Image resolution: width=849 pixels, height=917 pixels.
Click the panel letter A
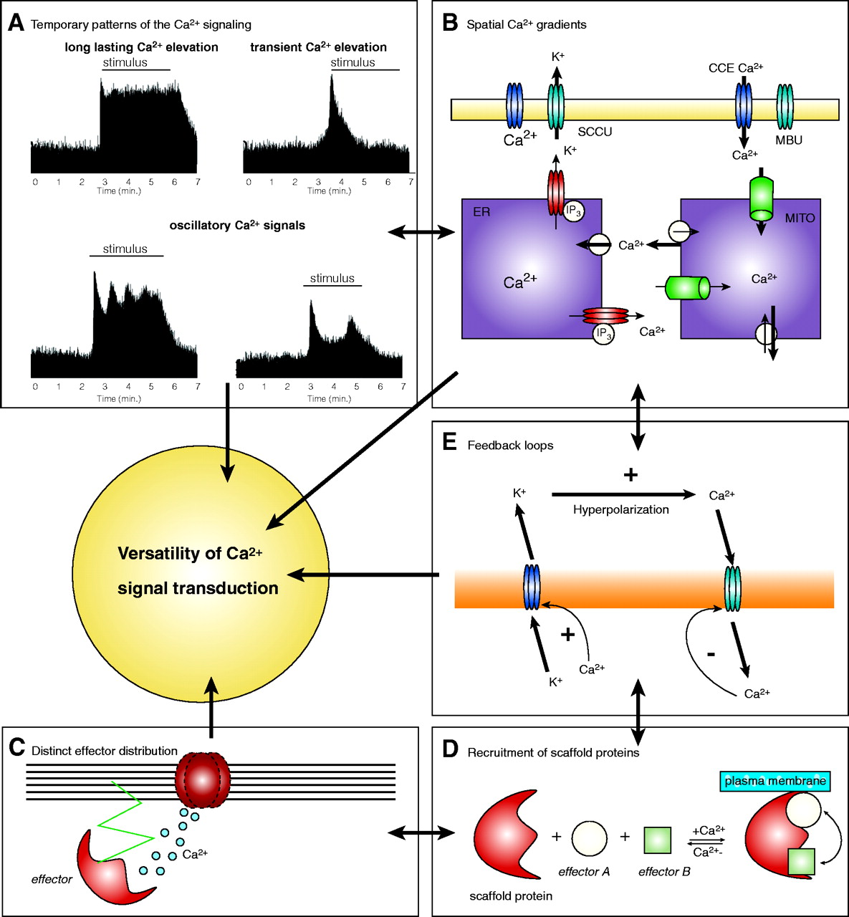[16, 24]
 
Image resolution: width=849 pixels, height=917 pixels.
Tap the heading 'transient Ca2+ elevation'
[318, 47]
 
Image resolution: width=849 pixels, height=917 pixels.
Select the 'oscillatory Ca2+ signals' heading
[237, 226]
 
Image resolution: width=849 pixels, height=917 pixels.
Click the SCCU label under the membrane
[595, 132]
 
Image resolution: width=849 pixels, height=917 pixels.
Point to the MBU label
[789, 140]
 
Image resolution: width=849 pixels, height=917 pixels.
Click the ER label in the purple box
[481, 212]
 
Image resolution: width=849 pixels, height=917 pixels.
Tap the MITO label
[800, 218]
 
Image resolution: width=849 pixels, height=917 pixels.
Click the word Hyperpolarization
[620, 509]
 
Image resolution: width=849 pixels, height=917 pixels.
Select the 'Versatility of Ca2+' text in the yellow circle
[190, 554]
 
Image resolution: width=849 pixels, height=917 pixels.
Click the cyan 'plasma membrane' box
[774, 781]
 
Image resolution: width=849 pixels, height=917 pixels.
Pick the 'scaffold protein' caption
[511, 896]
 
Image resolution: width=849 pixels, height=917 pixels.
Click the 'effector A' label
[584, 872]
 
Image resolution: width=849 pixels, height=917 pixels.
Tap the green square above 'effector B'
[658, 840]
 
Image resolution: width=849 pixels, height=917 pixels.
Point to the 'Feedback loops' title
[510, 446]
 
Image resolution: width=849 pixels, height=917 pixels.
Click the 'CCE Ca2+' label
[736, 68]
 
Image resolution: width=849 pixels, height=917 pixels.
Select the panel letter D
[450, 749]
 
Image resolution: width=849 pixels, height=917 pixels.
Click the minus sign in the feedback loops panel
[711, 653]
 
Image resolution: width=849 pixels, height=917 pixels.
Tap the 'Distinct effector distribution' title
[105, 751]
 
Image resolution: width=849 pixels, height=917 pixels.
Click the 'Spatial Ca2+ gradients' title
[526, 25]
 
